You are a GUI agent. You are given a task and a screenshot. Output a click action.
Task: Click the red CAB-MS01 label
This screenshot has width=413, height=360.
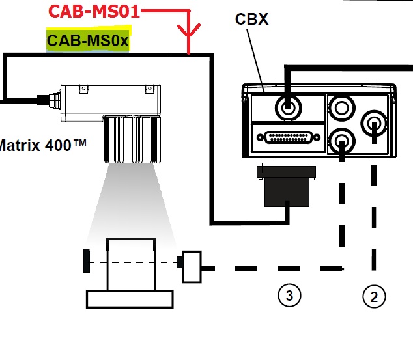94,12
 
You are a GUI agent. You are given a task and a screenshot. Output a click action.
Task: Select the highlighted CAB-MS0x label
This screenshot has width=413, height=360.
88,42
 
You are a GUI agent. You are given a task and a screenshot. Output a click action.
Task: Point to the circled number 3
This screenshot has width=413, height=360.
289,296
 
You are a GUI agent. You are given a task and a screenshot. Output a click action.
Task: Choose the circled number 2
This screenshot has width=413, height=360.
374,297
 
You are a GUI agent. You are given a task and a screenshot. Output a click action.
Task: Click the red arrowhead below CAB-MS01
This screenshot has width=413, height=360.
188,33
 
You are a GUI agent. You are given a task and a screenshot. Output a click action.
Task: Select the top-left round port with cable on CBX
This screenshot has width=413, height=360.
287,106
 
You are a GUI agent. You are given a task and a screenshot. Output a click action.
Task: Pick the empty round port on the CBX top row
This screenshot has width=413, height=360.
341,105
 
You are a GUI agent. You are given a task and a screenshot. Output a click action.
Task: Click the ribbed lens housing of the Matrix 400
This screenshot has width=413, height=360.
130,138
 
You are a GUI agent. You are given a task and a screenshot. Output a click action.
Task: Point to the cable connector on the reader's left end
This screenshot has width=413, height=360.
47,101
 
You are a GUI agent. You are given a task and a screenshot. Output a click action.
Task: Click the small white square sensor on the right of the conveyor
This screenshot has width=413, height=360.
192,267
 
